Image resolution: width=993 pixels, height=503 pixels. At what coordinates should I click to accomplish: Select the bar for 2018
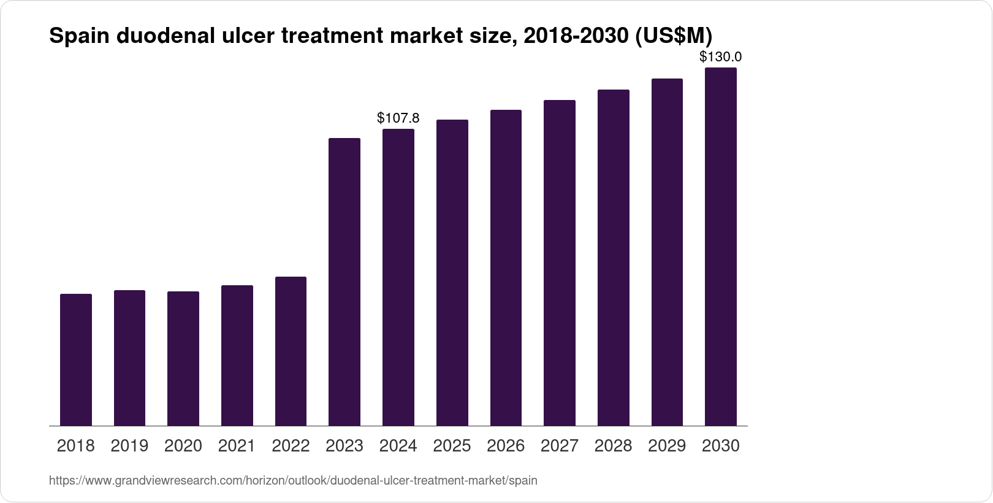tap(76, 360)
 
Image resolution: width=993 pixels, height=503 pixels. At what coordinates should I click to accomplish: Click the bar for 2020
tap(183, 359)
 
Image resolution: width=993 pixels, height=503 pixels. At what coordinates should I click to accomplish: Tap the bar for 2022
tap(291, 351)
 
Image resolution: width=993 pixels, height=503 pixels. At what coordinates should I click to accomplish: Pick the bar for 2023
tap(344, 282)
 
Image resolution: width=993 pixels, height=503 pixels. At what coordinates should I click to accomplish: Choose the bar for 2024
tap(398, 277)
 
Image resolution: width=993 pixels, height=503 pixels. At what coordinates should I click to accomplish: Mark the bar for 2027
tap(560, 263)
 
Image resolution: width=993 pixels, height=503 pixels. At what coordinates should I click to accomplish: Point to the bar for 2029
tap(667, 252)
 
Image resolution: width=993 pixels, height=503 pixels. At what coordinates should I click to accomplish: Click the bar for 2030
tap(721, 247)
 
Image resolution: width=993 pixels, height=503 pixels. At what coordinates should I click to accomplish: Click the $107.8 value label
tap(398, 117)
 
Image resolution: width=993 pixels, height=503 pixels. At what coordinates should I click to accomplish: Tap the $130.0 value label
tap(721, 57)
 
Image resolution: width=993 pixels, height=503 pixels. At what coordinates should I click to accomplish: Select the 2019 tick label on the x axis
tap(129, 446)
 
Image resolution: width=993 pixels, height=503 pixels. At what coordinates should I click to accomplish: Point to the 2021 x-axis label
tap(237, 446)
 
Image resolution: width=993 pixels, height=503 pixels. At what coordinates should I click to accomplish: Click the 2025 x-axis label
tap(452, 446)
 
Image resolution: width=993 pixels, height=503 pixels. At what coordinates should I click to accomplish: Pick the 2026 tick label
tap(506, 446)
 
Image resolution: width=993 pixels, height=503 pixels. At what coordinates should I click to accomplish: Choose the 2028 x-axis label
tap(613, 446)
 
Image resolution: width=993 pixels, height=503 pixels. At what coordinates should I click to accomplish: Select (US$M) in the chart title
tap(673, 37)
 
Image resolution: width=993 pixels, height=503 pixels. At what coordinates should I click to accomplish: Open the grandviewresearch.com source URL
tap(293, 481)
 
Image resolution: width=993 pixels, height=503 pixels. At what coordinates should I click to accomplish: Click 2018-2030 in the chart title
tap(573, 37)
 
